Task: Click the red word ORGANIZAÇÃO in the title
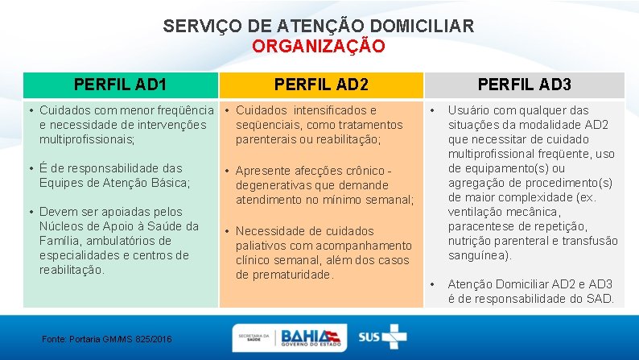(319, 46)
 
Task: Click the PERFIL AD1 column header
(121, 84)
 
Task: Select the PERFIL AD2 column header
(321, 84)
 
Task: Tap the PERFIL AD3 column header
(525, 84)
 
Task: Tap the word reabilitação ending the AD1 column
(71, 270)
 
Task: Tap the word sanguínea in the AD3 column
(478, 255)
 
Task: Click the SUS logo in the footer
(381, 337)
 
